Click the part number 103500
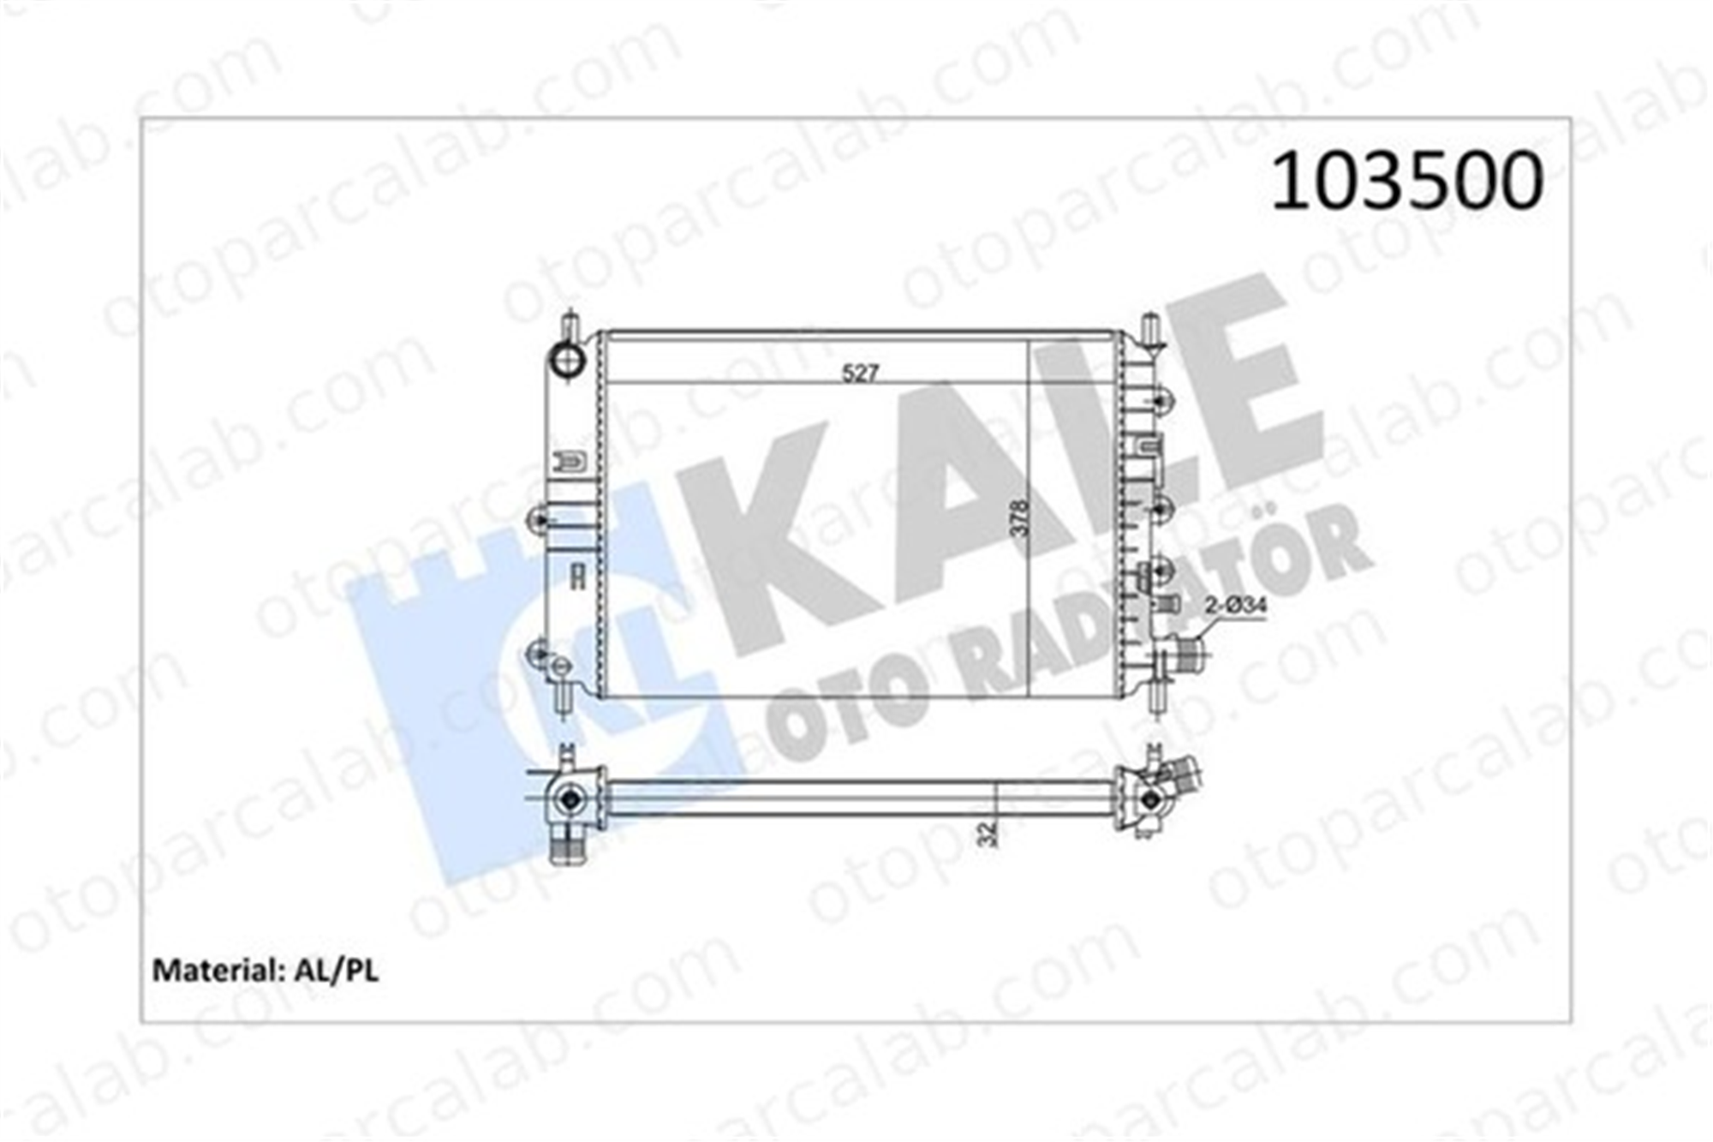pyautogui.click(x=1406, y=182)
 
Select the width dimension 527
pyautogui.click(x=861, y=374)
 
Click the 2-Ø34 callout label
pyautogui.click(x=1236, y=607)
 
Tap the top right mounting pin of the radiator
pyautogui.click(x=1151, y=331)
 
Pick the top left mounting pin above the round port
pyautogui.click(x=570, y=327)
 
